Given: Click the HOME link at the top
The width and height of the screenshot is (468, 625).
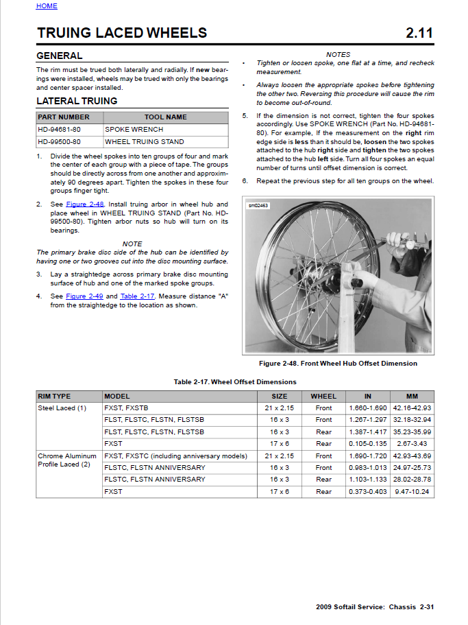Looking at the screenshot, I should click(x=47, y=6).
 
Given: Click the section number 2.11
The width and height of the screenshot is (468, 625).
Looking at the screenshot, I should click(x=419, y=33).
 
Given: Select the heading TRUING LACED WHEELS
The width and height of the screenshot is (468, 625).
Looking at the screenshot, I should click(x=122, y=33).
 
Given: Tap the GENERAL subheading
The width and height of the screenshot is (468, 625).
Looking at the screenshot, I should click(x=59, y=56).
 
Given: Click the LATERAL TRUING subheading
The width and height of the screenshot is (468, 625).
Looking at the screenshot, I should click(x=77, y=101).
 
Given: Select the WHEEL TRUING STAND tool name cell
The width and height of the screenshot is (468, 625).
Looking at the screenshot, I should click(x=145, y=142).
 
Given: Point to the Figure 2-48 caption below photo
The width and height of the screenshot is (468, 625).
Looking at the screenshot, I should click(x=338, y=364).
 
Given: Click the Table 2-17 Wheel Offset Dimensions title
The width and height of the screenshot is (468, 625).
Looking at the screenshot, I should click(x=235, y=382).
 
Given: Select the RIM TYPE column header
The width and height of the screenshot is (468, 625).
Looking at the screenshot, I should click(x=54, y=396).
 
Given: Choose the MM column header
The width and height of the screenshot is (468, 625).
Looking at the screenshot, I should click(x=411, y=396).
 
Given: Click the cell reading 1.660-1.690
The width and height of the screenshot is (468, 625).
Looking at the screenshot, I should click(x=367, y=408).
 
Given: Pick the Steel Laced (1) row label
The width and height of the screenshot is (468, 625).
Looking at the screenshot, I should click(x=62, y=408).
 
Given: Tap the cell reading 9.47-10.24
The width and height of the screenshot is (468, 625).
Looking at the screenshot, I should click(x=411, y=492).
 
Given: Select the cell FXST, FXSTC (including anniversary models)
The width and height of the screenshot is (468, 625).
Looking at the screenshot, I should click(x=175, y=456).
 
